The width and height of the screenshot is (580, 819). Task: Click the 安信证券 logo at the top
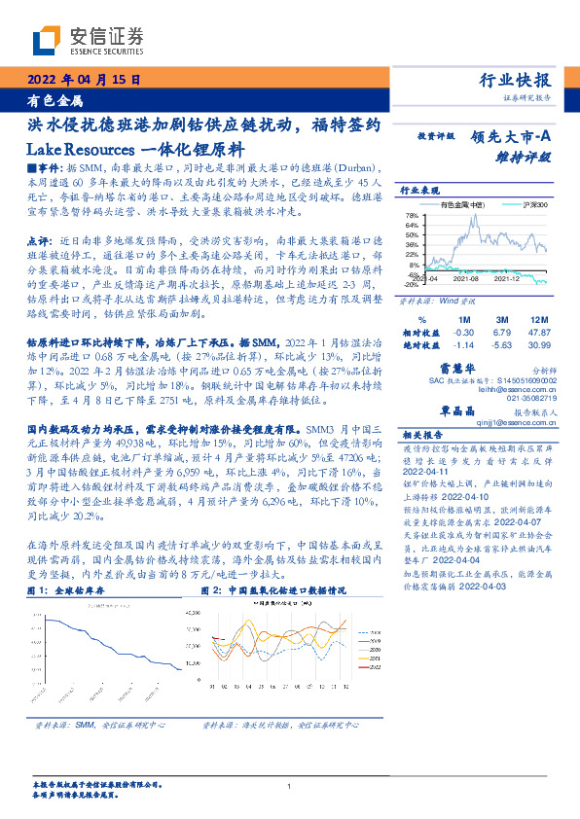[x=88, y=40]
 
